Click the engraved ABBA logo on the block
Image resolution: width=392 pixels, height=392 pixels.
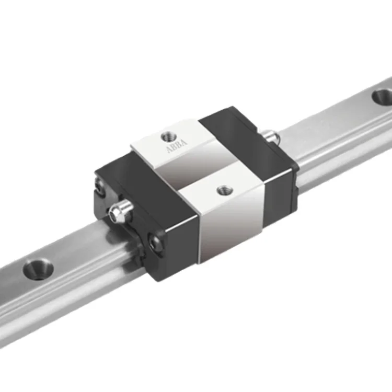click(x=177, y=146)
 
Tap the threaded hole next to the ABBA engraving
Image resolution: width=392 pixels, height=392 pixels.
click(x=169, y=137)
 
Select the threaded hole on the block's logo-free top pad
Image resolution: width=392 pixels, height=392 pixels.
click(x=224, y=190)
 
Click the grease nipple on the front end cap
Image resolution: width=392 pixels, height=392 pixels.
click(x=121, y=211)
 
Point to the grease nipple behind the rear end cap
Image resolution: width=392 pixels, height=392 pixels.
click(x=271, y=136)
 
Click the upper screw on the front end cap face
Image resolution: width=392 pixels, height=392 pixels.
click(x=100, y=186)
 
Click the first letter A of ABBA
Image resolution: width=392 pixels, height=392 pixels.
click(x=169, y=150)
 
